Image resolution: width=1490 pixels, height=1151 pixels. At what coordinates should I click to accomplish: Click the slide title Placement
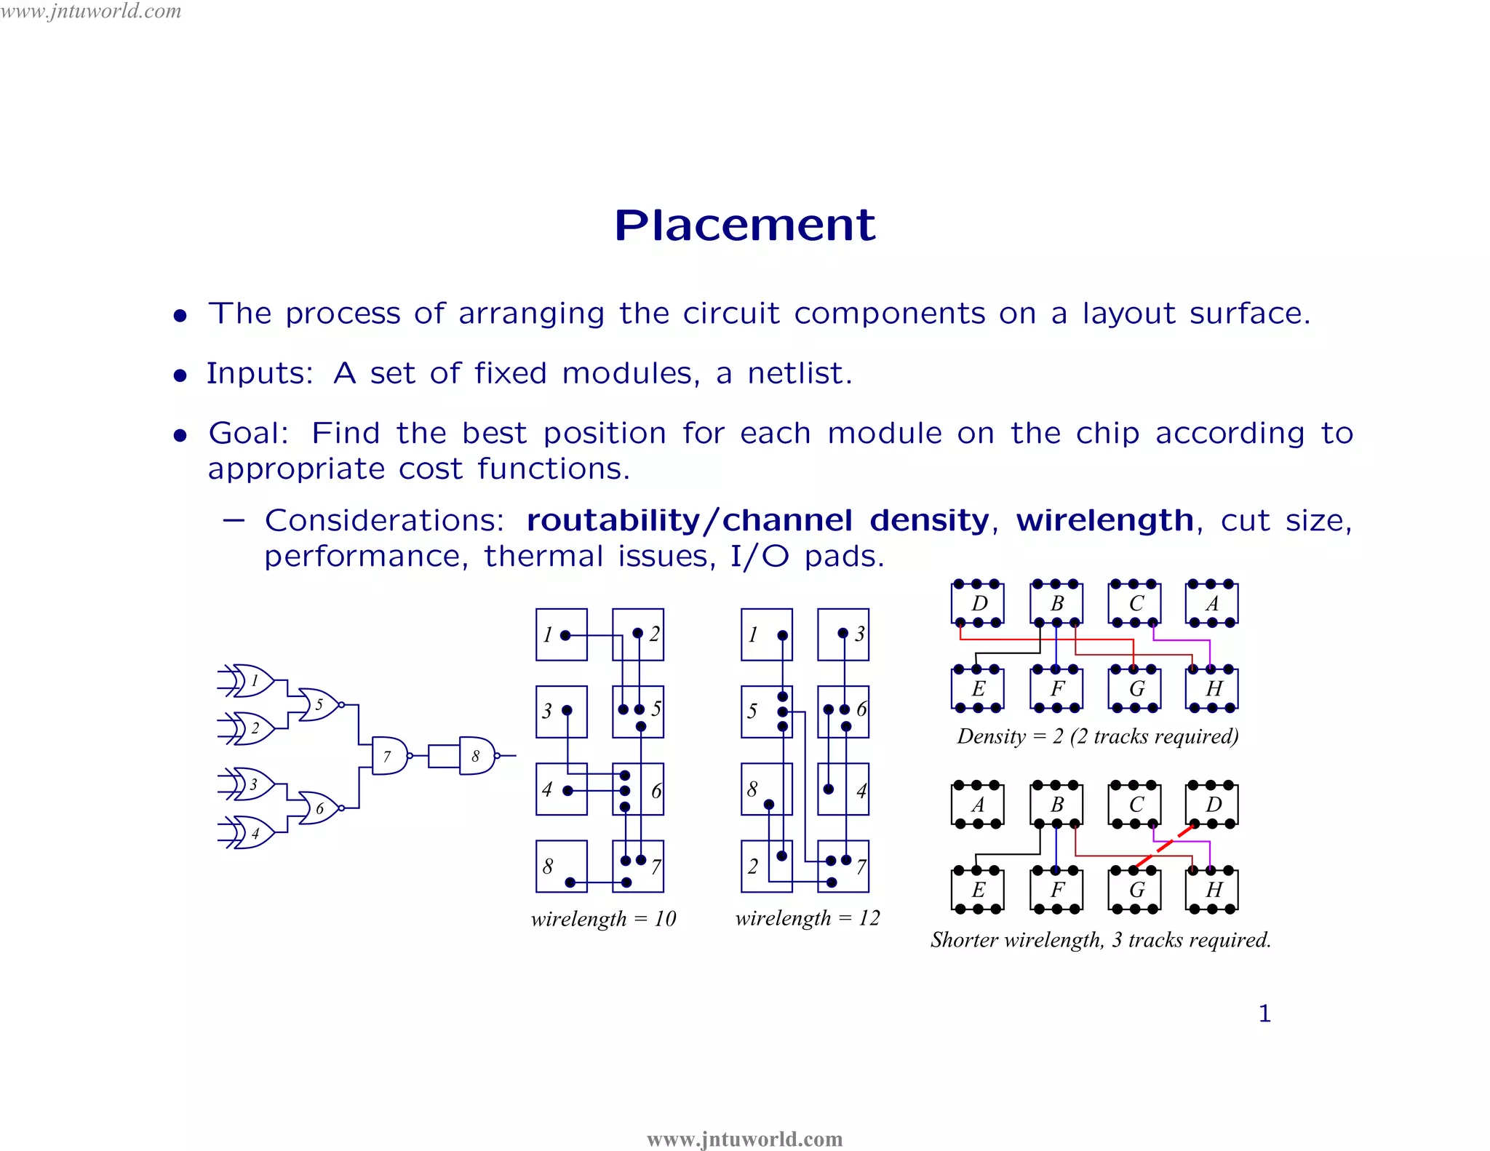pyautogui.click(x=744, y=225)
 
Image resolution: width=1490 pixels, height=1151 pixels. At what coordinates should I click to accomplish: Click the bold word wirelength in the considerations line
pyautogui.click(x=1104, y=520)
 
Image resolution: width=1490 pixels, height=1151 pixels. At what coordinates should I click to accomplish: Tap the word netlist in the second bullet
pyautogui.click(x=799, y=373)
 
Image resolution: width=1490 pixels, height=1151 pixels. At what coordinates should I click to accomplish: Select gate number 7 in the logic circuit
pyautogui.click(x=389, y=756)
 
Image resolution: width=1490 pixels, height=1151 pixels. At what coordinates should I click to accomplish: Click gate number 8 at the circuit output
pyautogui.click(x=477, y=756)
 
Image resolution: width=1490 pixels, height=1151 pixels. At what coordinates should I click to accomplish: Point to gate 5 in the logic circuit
pyautogui.click(x=319, y=704)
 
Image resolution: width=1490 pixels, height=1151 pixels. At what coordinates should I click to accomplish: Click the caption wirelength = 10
pyautogui.click(x=603, y=919)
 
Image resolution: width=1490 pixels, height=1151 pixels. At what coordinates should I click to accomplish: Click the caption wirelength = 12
pyautogui.click(x=808, y=918)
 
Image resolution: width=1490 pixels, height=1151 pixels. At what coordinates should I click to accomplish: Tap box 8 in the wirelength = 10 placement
pyautogui.click(x=561, y=866)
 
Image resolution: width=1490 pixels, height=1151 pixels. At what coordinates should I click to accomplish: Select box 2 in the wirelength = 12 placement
pyautogui.click(x=766, y=866)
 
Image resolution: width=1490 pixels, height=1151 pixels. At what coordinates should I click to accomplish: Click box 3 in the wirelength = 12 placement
pyautogui.click(x=843, y=634)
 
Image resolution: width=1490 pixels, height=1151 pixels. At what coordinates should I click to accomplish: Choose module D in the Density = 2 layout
pyautogui.click(x=978, y=603)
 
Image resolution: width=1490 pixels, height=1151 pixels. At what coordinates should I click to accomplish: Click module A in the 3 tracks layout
pyautogui.click(x=978, y=805)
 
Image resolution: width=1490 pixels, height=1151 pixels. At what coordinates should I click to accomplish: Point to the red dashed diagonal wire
pyautogui.click(x=1164, y=846)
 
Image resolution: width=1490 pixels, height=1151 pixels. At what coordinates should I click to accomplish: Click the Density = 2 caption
pyautogui.click(x=1097, y=736)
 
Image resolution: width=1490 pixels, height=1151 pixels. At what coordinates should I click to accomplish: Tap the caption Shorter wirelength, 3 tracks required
pyautogui.click(x=1100, y=940)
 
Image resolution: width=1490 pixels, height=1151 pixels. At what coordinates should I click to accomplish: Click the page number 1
pyautogui.click(x=1264, y=1013)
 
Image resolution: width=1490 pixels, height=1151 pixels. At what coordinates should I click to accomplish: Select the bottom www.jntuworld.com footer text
pyautogui.click(x=744, y=1139)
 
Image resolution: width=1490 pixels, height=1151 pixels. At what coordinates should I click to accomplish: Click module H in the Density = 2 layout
pyautogui.click(x=1212, y=688)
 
